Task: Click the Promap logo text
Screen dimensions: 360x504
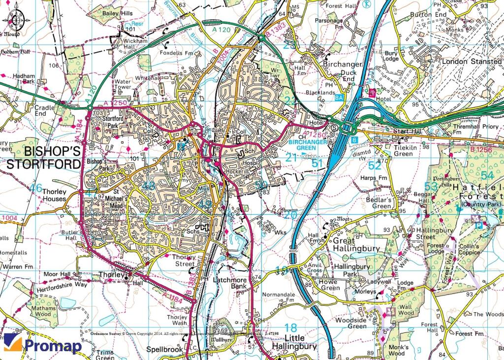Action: [53, 346]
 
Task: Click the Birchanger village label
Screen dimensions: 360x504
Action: [343, 65]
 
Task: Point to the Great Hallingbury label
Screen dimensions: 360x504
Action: [356, 245]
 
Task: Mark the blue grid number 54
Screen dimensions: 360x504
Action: [487, 176]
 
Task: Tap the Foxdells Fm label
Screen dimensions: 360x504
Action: [176, 53]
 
